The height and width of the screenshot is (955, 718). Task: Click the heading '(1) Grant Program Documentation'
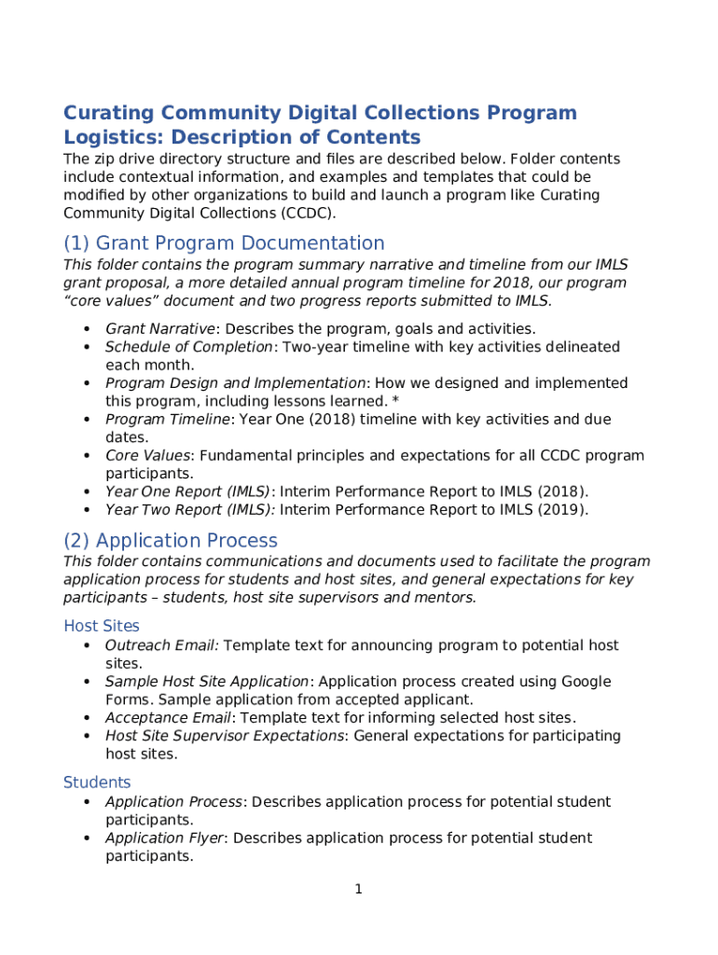(x=224, y=243)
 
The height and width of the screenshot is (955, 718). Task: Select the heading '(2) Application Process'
(x=171, y=541)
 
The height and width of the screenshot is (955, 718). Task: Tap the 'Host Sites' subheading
(x=102, y=626)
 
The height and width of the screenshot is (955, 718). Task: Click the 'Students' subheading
(x=97, y=782)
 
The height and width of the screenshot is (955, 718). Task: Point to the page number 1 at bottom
(x=358, y=890)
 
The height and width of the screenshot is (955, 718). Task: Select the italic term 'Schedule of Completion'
(x=189, y=347)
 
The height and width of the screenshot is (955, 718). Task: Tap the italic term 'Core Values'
(x=147, y=456)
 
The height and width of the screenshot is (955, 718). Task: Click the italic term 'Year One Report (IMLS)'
(x=187, y=491)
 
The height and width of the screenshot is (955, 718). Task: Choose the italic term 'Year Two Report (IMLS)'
(x=189, y=510)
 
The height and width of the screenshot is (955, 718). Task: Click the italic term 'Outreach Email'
(x=161, y=645)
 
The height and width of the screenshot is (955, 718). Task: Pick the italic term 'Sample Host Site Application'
(x=206, y=682)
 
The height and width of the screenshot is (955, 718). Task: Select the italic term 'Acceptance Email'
(x=168, y=718)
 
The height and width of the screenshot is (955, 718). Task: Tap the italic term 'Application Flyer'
(x=164, y=838)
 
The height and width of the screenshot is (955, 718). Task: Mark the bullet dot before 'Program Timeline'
(x=86, y=421)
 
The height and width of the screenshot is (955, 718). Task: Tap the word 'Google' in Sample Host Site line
(x=587, y=682)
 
